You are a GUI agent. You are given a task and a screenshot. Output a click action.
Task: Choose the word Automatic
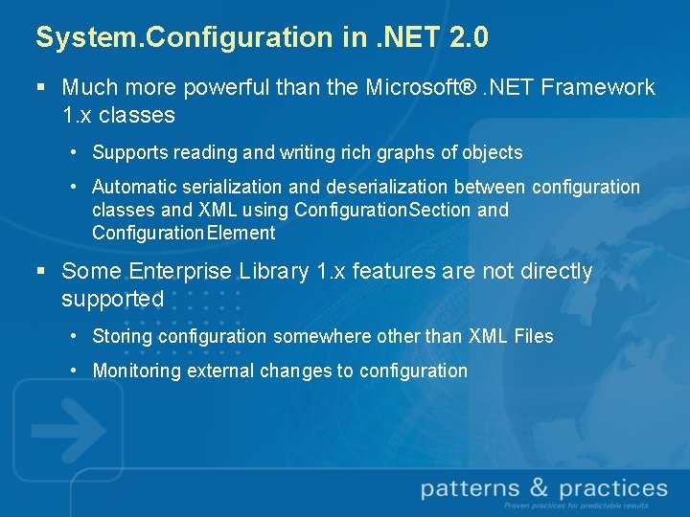[132, 187]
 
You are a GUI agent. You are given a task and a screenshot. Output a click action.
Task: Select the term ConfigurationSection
[383, 210]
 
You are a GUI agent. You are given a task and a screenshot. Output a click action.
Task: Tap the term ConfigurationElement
[183, 233]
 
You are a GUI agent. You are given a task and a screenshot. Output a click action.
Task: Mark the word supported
[112, 299]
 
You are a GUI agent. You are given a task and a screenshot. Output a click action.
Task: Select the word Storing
[122, 336]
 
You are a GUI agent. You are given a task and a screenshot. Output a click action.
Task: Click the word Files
[532, 336]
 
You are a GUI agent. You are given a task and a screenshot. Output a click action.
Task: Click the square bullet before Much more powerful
[40, 87]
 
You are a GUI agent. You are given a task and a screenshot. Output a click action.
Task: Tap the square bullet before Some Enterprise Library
[40, 272]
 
